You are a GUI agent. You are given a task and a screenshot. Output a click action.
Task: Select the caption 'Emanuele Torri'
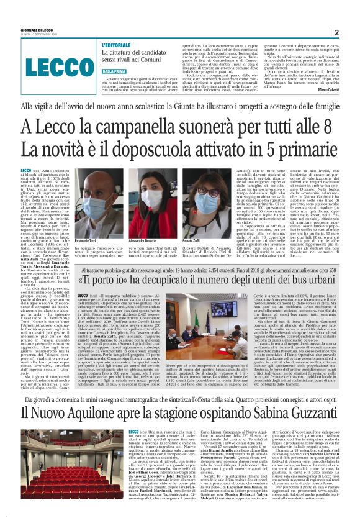pyautogui.click(x=86, y=222)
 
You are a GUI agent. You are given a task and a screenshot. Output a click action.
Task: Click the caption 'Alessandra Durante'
pyautogui.click(x=142, y=222)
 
